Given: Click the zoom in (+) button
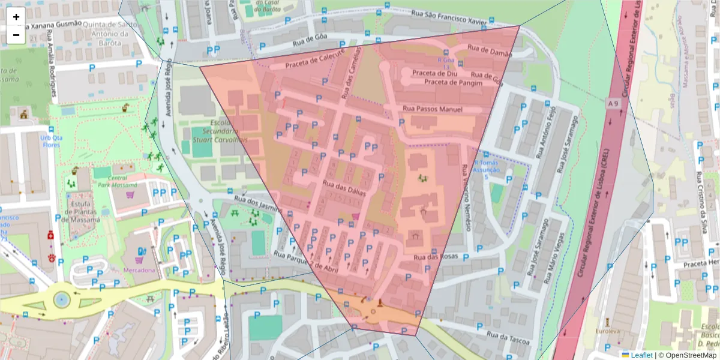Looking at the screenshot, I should pos(16,17).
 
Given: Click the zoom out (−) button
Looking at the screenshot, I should pos(16,35).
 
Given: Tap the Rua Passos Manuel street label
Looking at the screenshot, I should pos(433,109).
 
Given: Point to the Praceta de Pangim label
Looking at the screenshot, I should pos(453,82).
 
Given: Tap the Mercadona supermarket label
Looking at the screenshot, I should pos(140,271).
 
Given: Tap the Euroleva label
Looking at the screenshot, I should pos(607,331).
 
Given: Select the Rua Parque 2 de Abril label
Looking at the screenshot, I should pos(306,259).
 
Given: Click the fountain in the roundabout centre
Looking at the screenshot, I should pos(61,299).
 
